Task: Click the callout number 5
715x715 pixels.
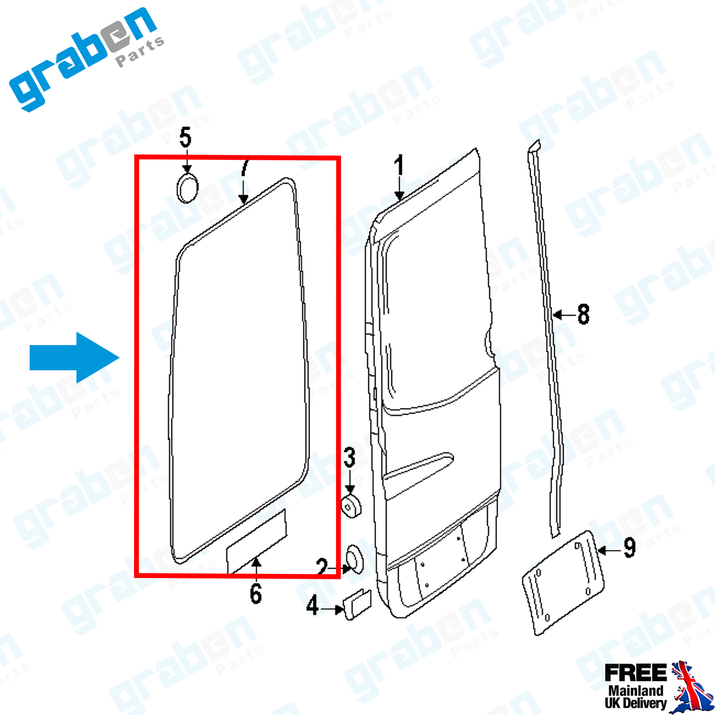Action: coord(185,137)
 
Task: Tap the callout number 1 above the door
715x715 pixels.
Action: coord(398,165)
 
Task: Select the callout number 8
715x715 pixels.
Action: coord(583,314)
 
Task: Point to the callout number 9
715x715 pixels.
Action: coord(630,547)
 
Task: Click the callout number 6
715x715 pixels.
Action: coord(256,594)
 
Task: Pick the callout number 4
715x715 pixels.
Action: coord(312,605)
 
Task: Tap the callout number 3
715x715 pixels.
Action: coord(349,458)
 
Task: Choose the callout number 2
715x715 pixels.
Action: coord(322,567)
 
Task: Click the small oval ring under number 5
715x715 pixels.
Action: coord(187,188)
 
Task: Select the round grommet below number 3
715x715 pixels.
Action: coord(351,506)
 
